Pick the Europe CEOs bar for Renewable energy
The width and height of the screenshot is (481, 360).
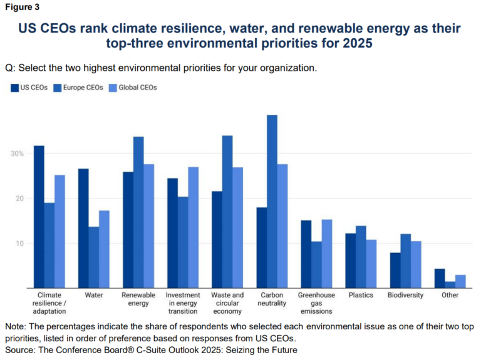pos(138,212)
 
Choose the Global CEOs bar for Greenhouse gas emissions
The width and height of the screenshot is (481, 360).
pos(326,254)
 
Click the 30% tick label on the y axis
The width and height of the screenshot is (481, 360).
pos(16,153)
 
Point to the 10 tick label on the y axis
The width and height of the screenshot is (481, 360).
pos(19,244)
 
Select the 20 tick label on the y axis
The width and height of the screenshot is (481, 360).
pos(19,198)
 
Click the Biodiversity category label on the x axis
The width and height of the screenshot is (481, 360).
pos(405,295)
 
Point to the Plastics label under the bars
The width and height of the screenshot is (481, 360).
pos(361,295)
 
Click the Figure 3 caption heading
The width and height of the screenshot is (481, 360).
pos(23,7)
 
